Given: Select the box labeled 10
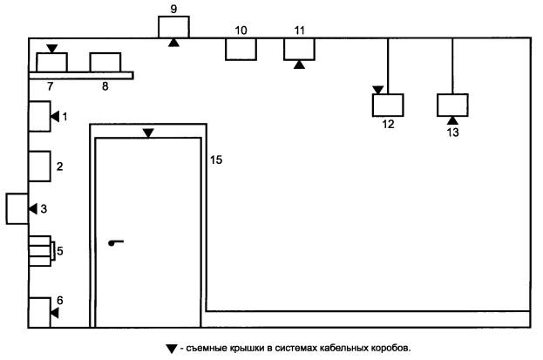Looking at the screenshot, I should tap(241, 49).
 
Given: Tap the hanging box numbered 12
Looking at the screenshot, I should tap(388, 105).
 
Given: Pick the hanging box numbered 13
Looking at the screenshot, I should tap(452, 105).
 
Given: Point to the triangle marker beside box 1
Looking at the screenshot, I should tap(52, 116).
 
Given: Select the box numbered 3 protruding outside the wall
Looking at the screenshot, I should tap(17, 208).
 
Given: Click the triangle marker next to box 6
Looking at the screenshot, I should tap(53, 311).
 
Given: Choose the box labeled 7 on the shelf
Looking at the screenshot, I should tap(51, 63).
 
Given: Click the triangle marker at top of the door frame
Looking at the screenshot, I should tap(148, 132).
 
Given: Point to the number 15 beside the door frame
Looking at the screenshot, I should tap(217, 160).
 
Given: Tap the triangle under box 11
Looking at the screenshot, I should tap(300, 65).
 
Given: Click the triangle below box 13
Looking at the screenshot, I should tap(452, 120).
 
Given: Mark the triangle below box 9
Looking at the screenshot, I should tap(173, 43).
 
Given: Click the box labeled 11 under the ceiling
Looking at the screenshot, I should tap(300, 49).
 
